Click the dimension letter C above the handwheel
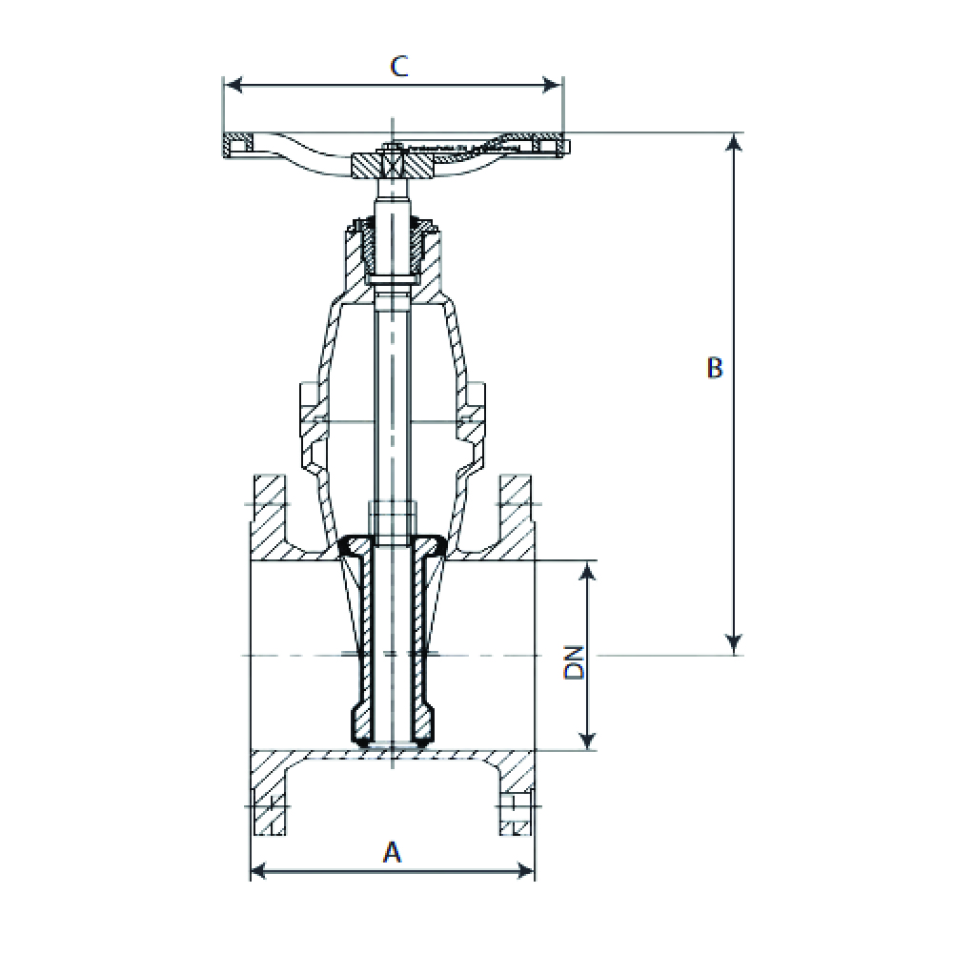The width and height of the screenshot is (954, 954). [x=398, y=66]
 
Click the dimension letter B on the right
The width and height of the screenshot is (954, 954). [x=715, y=368]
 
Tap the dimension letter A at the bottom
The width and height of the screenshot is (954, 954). [x=393, y=852]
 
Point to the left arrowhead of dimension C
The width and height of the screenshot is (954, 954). [x=233, y=85]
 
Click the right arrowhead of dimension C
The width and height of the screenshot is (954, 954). [x=552, y=85]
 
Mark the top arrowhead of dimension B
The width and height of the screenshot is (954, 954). [x=735, y=143]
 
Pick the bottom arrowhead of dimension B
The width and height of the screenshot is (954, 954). [x=735, y=645]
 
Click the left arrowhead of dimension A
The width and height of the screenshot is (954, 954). [x=260, y=871]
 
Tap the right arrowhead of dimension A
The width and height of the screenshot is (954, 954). [x=524, y=871]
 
